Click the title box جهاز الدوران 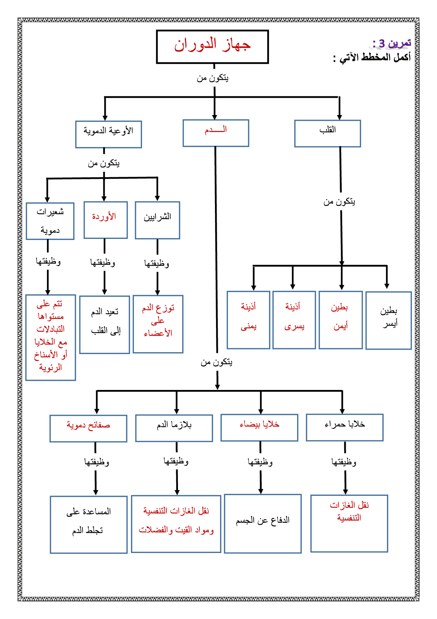(212, 47)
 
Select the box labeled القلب (327, 133)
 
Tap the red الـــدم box (216, 133)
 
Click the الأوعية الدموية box (109, 134)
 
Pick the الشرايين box (157, 220)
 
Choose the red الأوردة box (105, 220)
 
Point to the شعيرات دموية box (50, 221)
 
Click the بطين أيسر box (388, 320)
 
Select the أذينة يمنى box (248, 320)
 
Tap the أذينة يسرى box (294, 320)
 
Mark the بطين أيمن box (340, 320)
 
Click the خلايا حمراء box (344, 427)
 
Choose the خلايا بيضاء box (259, 427)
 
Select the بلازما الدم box (174, 428)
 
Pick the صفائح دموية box (88, 428)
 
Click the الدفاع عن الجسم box (263, 523)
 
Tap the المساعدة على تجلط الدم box (88, 524)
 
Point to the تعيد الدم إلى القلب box (105, 324)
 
